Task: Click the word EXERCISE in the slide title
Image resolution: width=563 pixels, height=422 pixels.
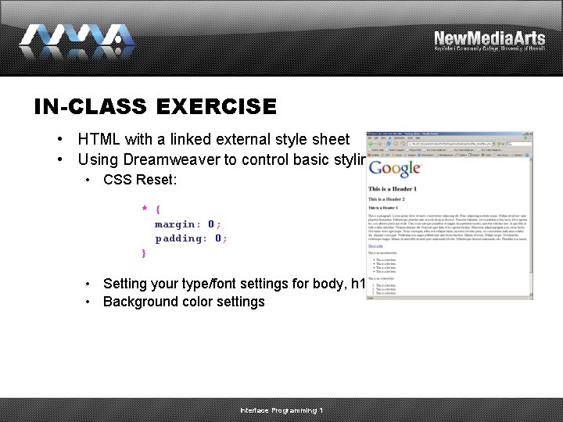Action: [x=217, y=106]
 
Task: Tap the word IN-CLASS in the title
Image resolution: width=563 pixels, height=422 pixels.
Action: [x=92, y=106]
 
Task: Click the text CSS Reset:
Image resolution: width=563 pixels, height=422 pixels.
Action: [x=140, y=180]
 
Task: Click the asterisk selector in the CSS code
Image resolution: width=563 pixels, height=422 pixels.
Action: [x=145, y=209]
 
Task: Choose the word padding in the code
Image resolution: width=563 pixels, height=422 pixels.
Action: [x=178, y=238]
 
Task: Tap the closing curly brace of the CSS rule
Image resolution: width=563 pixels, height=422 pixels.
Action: [x=144, y=253]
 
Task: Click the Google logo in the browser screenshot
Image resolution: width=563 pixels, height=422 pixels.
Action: [x=395, y=170]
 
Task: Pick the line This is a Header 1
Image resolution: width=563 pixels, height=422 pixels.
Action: [x=393, y=189]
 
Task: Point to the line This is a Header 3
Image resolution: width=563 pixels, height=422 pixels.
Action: [x=385, y=208]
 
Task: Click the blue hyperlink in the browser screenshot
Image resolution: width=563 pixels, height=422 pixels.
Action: [x=375, y=246]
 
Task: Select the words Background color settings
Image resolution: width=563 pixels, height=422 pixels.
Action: [x=184, y=302]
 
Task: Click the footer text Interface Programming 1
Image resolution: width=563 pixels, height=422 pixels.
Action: [x=281, y=410]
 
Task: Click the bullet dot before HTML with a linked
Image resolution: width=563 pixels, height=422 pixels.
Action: [x=60, y=139]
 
